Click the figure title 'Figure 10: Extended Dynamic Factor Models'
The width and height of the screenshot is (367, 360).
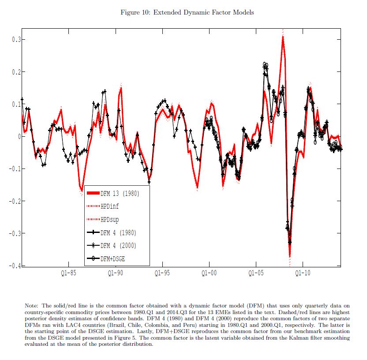tap(187, 12)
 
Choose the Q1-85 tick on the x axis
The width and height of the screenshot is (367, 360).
tap(68, 274)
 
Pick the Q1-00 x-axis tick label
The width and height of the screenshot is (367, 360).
tap(209, 274)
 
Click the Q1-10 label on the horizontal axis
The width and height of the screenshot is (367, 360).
tap(303, 274)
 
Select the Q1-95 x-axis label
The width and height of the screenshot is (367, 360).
tap(162, 274)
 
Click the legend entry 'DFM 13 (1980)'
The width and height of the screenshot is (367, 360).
tap(119, 193)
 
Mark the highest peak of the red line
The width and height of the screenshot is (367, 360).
tap(283, 37)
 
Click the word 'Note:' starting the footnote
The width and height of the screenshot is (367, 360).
tap(32, 305)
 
